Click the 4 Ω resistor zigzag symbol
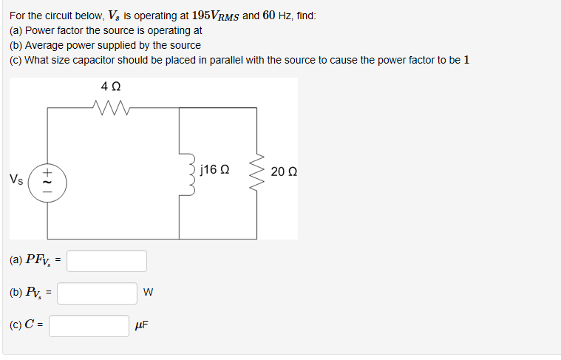pos(113,108)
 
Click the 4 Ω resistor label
pos(112,86)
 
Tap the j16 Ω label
pos(214,170)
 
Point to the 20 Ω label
pos(283,171)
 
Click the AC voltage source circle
pos(48,180)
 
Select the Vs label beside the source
pos(16,180)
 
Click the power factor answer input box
pos(107,261)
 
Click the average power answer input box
pos(98,293)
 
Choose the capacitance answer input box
pos(89,325)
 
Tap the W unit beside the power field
pos(149,293)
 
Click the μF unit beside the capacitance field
pos(142,325)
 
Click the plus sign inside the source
pos(47,171)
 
